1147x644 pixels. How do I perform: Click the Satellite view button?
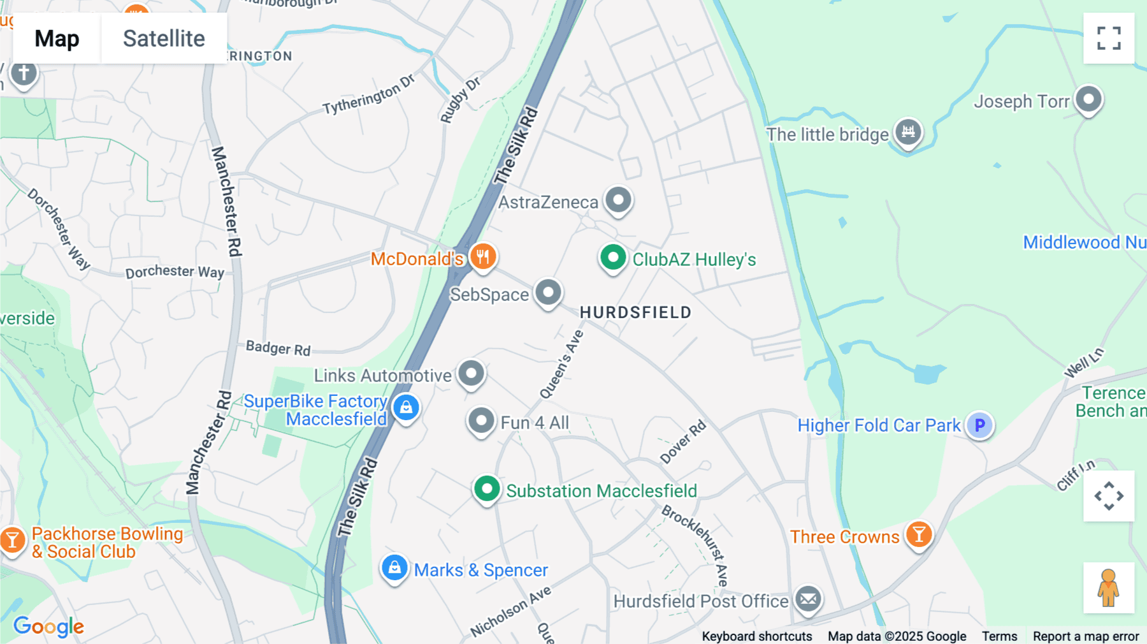164,39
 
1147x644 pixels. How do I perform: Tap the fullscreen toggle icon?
1108,38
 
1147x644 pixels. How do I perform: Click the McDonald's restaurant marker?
483,257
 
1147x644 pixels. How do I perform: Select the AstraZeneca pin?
617,200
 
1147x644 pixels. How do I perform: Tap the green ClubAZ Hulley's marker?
613,258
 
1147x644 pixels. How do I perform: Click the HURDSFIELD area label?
635,312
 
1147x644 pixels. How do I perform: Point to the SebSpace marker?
548,293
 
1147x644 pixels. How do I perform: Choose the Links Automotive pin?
471,373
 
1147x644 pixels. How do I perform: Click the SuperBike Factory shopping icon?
406,407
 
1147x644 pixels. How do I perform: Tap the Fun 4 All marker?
481,421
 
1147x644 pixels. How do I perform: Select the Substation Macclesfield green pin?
487,490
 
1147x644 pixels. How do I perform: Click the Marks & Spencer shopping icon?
394,567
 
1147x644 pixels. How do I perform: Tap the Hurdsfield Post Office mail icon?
808,599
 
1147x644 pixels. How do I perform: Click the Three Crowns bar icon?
918,534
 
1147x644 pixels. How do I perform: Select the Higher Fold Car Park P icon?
979,425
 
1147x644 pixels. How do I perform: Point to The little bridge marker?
908,133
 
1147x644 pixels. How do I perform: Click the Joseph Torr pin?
1088,99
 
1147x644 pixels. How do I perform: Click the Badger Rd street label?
278,348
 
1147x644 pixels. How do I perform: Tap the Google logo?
48,627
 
